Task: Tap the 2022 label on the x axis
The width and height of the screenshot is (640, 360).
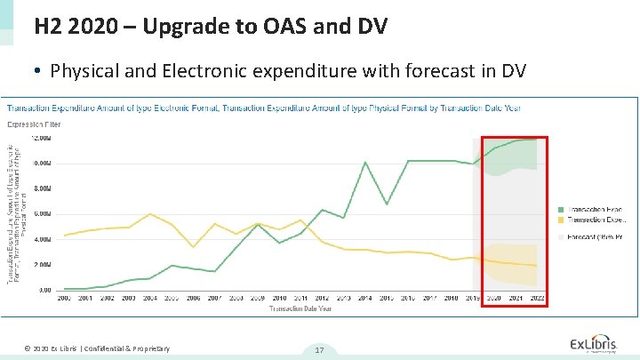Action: (x=536, y=298)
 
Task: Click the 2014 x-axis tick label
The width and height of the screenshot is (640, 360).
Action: (x=365, y=298)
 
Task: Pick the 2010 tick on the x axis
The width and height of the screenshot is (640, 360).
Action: (x=279, y=298)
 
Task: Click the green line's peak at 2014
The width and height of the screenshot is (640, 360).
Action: (x=365, y=162)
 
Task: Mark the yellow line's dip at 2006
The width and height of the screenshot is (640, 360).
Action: (x=194, y=247)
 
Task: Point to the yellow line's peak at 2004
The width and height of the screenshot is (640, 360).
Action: (x=151, y=214)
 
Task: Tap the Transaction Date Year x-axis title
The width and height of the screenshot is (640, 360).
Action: (x=300, y=308)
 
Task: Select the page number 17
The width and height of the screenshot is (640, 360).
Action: (x=318, y=350)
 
